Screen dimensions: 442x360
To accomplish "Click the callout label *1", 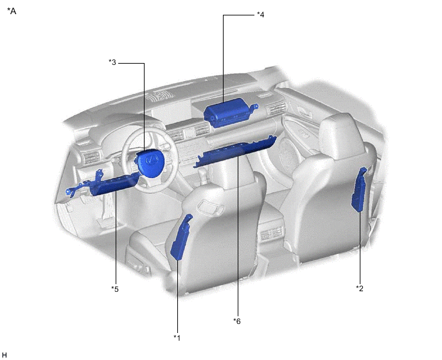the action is (177, 337).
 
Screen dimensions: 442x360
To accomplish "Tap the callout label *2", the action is (359, 289).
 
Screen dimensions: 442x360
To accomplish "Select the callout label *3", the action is (112, 62).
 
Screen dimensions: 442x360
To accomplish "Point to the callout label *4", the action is (260, 15).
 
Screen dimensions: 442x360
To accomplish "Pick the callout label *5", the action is (115, 289).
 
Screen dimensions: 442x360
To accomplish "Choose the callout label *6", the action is (237, 321).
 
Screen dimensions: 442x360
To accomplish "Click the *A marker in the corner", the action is (12, 11).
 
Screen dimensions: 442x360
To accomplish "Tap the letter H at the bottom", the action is (4, 355).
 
